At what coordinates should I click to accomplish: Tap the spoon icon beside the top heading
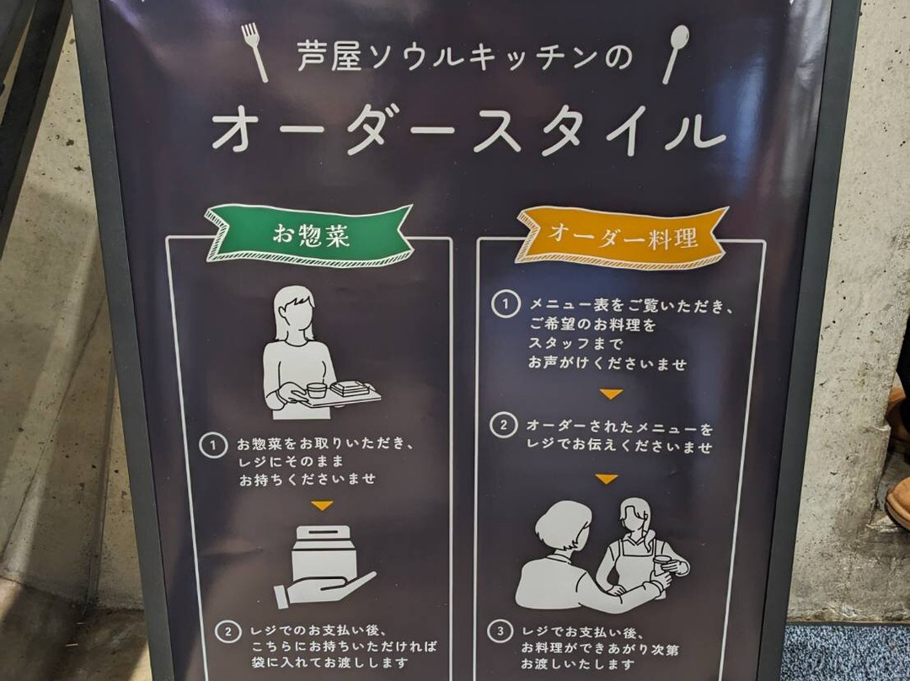click(676, 53)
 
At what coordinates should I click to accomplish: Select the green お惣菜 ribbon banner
click(309, 235)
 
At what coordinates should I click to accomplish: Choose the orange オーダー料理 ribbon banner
click(622, 237)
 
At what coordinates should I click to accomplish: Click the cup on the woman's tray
click(317, 390)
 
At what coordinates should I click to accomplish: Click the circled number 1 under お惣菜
click(213, 445)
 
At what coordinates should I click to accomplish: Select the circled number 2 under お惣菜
click(228, 631)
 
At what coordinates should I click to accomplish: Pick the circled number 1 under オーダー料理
click(505, 304)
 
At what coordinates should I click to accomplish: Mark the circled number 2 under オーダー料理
click(503, 425)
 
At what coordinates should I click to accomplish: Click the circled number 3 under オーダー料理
click(500, 631)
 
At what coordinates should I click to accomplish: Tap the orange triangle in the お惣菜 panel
click(322, 505)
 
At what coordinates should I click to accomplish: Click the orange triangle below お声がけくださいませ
click(611, 394)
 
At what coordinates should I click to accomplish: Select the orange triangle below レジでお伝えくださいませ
click(607, 479)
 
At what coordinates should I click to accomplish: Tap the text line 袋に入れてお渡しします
click(329, 662)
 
